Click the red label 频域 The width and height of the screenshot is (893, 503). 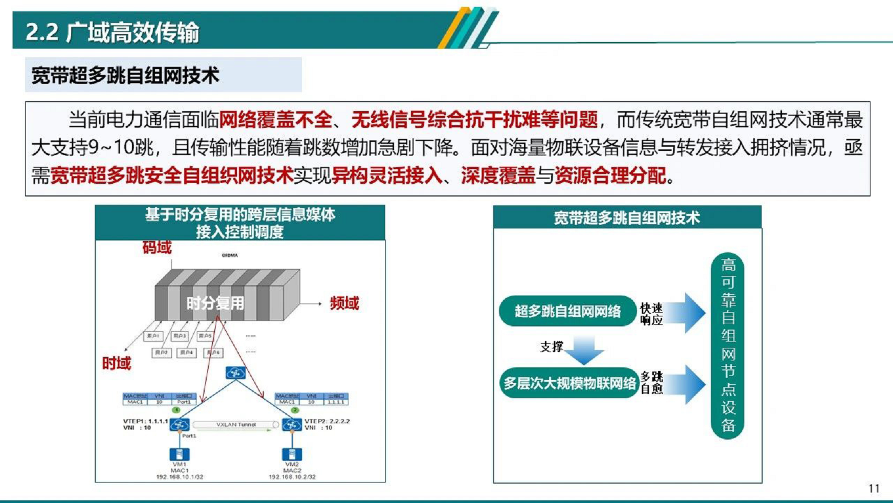pos(344,303)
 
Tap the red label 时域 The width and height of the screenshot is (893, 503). pos(116,363)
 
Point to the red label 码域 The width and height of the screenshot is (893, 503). pos(157,247)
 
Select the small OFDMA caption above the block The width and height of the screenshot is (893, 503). pos(230,256)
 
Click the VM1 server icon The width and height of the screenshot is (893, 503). pos(179,454)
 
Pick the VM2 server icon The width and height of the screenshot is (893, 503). pos(292,454)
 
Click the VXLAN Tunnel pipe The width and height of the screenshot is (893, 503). pos(236,425)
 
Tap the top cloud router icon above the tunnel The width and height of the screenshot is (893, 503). pos(236,373)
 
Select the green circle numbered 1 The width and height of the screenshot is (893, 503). pos(176,410)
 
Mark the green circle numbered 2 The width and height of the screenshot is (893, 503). pos(295,410)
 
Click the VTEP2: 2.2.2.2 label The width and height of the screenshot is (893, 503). pos(327,421)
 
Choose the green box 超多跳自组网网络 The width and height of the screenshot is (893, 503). pos(567,311)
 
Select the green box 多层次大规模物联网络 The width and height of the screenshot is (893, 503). pos(569,384)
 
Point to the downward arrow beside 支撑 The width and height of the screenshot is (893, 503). pos(585,350)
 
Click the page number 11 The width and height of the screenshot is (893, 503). pos(874,488)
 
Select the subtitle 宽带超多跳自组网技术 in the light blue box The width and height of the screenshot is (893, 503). pos(126,75)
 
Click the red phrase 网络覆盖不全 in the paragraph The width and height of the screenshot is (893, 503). pos(275,120)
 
